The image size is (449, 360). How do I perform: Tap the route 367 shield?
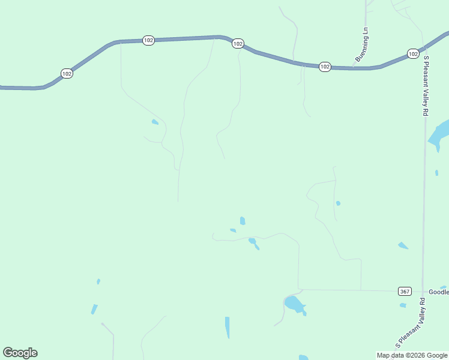[x=405, y=292]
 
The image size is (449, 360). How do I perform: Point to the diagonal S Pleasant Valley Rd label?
[x=411, y=323]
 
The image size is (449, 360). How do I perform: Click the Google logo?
[x=20, y=353]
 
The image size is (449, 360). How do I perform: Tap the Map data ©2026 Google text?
[x=412, y=355]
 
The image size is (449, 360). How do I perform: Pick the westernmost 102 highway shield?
[x=67, y=73]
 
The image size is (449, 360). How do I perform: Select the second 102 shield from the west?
[x=148, y=40]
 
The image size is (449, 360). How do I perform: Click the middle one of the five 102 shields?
[x=238, y=43]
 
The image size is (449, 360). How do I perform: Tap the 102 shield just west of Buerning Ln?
[x=325, y=67]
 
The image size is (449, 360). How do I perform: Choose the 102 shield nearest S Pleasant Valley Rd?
[x=412, y=54]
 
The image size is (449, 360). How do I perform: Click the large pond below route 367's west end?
[x=294, y=304]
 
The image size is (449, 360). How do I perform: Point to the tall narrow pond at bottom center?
[x=228, y=326]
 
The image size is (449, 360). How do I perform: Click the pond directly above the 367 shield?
[x=402, y=245]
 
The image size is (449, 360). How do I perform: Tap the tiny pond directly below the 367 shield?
[x=403, y=305]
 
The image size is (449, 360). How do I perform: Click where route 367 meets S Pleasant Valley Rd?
[x=423, y=291]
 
